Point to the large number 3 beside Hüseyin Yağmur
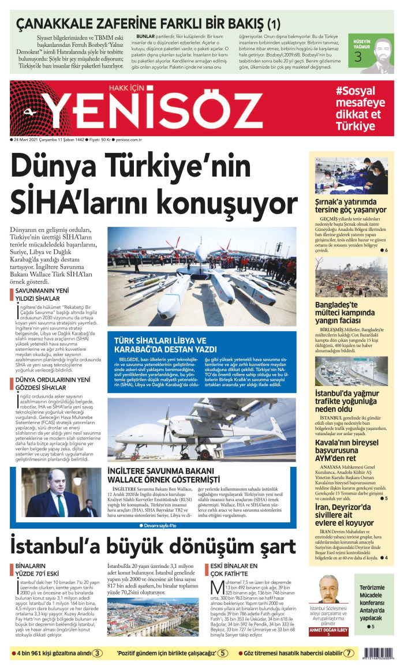[x=358, y=56]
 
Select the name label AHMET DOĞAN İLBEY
[x=329, y=630]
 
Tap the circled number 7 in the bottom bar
[x=348, y=654]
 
